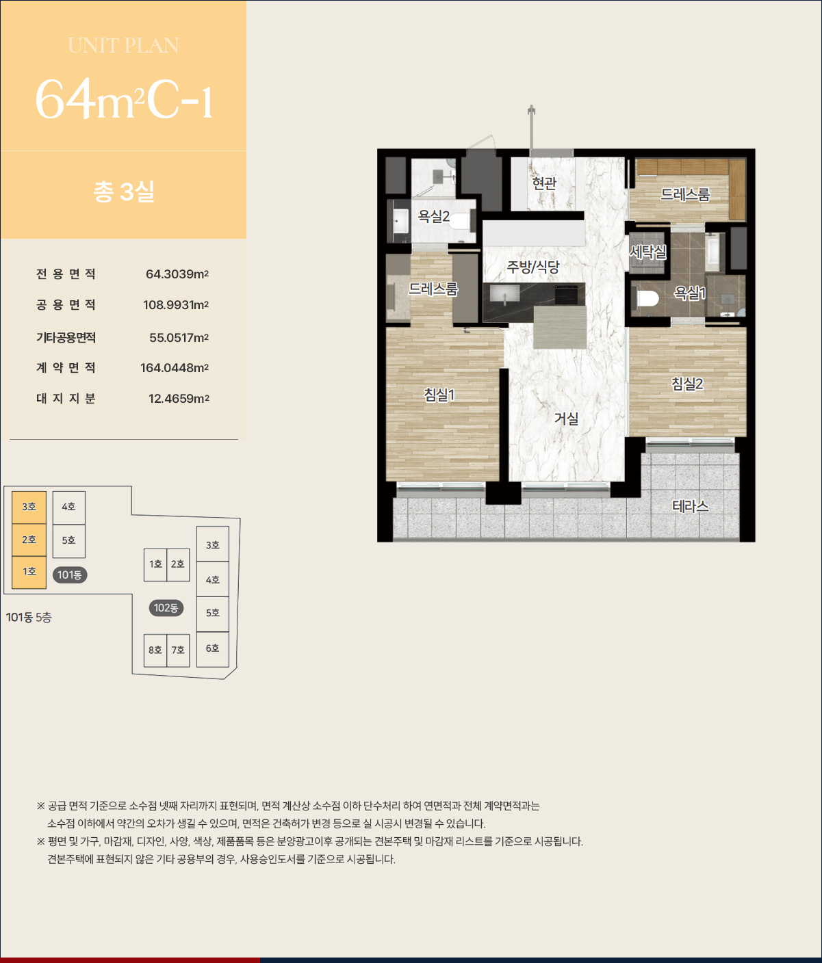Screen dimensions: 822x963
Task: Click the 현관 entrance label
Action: point(544,183)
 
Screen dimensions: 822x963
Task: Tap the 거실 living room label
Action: point(567,419)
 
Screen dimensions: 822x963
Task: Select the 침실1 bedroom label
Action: point(439,395)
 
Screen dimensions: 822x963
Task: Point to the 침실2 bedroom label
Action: point(686,384)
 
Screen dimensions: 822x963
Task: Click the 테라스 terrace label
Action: point(690,506)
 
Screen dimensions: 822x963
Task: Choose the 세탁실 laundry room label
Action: point(647,252)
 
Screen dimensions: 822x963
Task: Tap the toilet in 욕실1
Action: point(647,298)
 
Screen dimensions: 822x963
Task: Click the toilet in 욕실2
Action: point(460,221)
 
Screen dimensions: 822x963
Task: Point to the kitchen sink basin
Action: point(504,294)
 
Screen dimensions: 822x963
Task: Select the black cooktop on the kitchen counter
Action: point(567,295)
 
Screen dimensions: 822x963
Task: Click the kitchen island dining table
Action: point(559,327)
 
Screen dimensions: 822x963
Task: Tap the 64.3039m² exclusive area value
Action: point(177,274)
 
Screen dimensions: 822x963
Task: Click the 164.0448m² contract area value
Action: point(175,367)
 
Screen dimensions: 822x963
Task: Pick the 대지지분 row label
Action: point(66,398)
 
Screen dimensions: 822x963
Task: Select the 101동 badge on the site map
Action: point(70,575)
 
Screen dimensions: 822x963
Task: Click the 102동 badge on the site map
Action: point(166,608)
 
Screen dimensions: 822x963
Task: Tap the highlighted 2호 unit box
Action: point(29,540)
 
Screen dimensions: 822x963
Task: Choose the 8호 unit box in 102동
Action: point(155,650)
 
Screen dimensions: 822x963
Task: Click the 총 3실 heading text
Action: point(124,191)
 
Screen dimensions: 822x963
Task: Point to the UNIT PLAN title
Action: point(123,45)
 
